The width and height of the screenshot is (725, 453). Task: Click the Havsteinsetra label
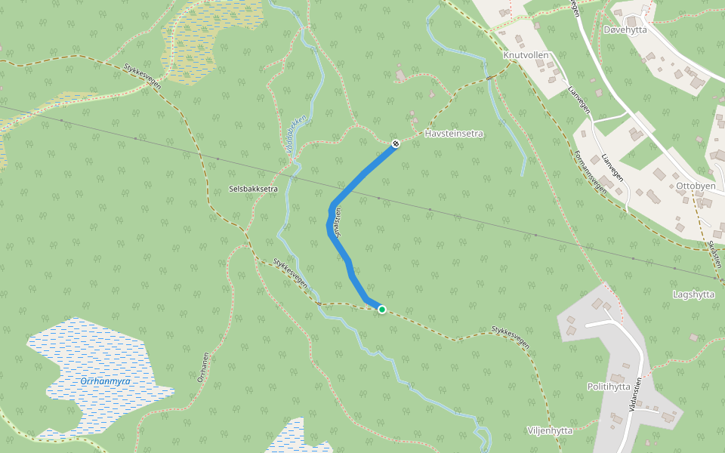coord(453,134)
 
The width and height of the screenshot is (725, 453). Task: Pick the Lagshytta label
coord(693,294)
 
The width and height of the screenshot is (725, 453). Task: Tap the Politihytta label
coord(609,387)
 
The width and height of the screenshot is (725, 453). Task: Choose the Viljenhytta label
coord(550,430)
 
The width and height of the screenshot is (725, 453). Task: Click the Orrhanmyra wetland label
coord(105,381)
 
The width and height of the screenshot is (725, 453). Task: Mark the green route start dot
coord(382,310)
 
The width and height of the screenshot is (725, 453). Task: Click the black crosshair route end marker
coord(395,143)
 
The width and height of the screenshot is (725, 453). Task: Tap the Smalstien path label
coord(338,223)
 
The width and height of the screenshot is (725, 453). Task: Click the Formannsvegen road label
coord(590,172)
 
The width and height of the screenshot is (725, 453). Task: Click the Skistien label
coord(714,254)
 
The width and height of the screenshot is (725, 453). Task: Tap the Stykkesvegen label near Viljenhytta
coord(510,336)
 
